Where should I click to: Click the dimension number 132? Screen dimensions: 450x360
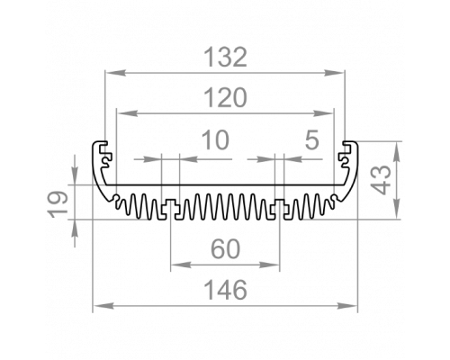tap(225, 57)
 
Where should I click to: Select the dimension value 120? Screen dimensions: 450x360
tap(225, 98)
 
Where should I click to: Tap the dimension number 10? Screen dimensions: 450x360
tap(216, 139)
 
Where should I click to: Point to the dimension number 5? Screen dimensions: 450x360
tap(311, 139)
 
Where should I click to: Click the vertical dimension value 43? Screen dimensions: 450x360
tap(381, 180)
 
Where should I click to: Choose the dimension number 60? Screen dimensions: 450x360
tap(226, 248)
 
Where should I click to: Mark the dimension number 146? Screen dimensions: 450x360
tap(226, 290)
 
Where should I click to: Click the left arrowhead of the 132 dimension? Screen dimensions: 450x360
tap(115, 73)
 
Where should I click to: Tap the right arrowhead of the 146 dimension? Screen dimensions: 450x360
tap(347, 306)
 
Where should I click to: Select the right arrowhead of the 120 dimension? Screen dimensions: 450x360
tap(323, 113)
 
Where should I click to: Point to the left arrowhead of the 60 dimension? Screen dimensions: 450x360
tap(181, 265)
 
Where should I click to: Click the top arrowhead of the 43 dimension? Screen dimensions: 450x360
tap(397, 151)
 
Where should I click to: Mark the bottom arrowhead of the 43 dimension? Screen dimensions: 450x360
tap(397, 209)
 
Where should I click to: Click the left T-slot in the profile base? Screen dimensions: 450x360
tap(170, 210)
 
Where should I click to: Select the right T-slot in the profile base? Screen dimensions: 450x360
tap(279, 210)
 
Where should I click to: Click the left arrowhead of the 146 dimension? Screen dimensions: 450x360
tap(103, 306)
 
